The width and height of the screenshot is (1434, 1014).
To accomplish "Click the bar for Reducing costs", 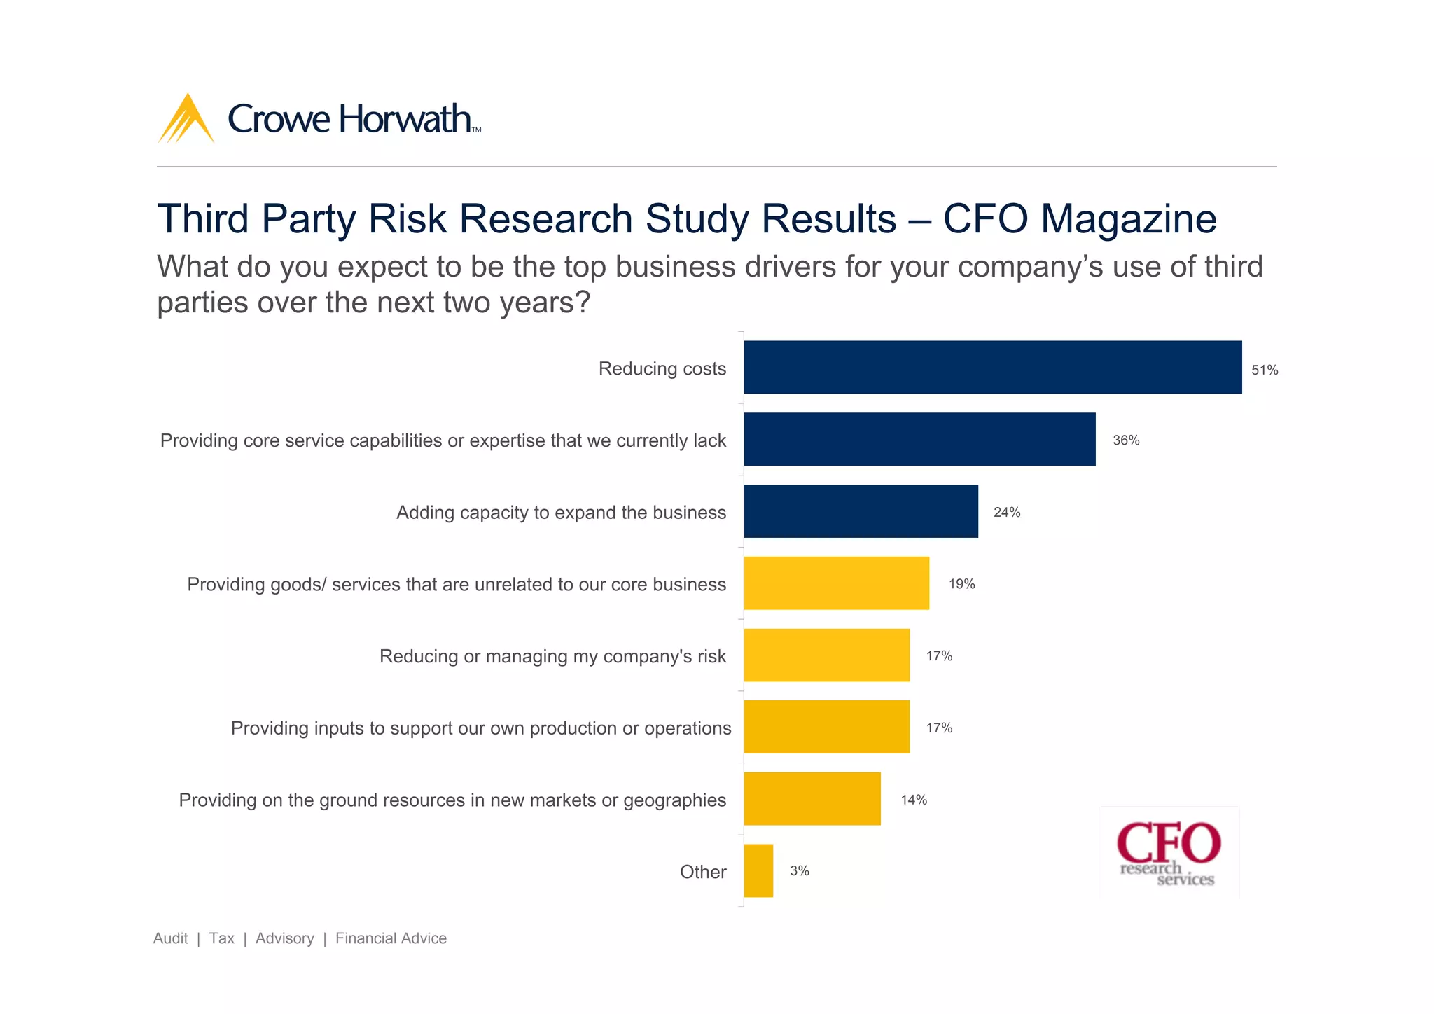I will tap(992, 368).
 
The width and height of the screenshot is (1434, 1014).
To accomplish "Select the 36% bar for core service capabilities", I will tap(919, 439).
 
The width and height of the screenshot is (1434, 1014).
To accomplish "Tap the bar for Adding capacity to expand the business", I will tap(861, 511).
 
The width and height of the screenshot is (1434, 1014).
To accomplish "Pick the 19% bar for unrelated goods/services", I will tap(836, 583).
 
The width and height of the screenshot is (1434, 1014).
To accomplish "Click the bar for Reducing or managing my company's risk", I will tap(826, 655).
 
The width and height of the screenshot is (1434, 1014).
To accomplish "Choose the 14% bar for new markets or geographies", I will tap(812, 799).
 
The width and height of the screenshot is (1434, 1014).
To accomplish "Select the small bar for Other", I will tap(758, 870).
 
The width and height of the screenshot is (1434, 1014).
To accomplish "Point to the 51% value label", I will tap(1265, 370).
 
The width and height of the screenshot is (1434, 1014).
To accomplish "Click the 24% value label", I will tap(1007, 513).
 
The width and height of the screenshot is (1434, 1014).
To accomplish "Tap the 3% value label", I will tap(800, 871).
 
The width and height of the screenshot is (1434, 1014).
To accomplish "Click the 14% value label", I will tap(914, 800).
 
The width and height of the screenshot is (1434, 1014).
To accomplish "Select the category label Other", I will tap(703, 872).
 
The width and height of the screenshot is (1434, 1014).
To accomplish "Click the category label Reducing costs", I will tap(662, 369).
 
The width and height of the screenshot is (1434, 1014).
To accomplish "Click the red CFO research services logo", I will tap(1168, 853).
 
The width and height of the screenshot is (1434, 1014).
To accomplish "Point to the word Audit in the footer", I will tap(170, 938).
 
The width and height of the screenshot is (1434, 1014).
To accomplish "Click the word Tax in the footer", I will tap(221, 938).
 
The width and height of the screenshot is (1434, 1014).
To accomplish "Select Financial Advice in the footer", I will tap(391, 938).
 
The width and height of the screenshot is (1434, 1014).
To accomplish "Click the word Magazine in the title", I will tap(1128, 218).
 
